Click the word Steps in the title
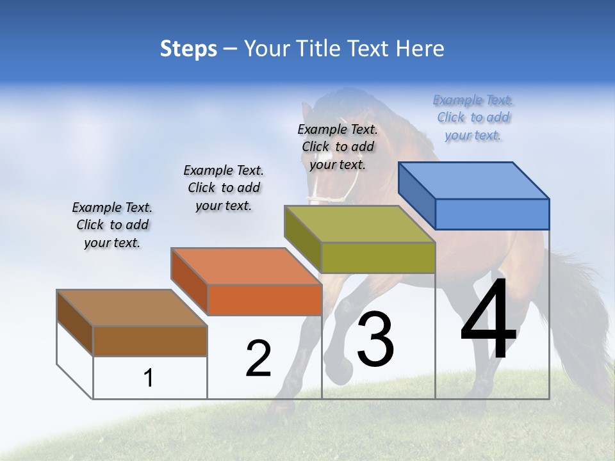pyautogui.click(x=188, y=49)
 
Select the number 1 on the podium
pyautogui.click(x=149, y=378)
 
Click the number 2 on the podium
pyautogui.click(x=258, y=358)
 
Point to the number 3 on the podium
pyautogui.click(x=375, y=339)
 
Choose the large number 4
pyautogui.click(x=488, y=319)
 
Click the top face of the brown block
pyautogui.click(x=133, y=308)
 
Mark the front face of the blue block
pyautogui.click(x=492, y=214)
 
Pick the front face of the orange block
pyautogui.click(x=265, y=300)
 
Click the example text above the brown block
pyautogui.click(x=112, y=225)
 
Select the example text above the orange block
pyautogui.click(x=224, y=188)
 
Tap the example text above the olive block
pyautogui.click(x=338, y=147)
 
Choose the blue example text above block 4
pyautogui.click(x=473, y=117)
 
